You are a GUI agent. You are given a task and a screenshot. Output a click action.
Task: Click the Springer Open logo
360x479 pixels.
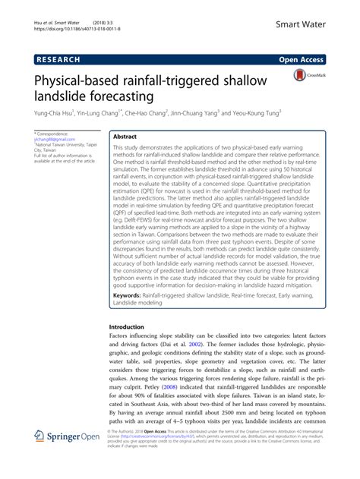point(68,458)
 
